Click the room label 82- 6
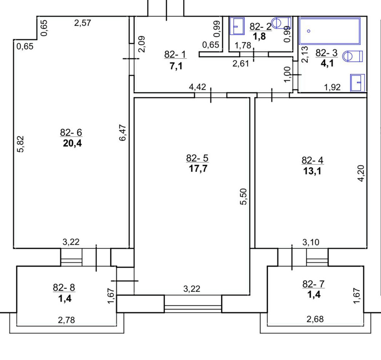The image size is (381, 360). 71,133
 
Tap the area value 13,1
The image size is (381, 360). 312,171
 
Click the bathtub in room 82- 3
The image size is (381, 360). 330,31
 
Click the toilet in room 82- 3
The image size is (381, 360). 352,57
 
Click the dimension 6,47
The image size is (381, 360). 123,133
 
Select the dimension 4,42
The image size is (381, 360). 197,87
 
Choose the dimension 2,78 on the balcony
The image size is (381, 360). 67,320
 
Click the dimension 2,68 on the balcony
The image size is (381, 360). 315,319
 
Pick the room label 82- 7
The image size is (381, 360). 313,284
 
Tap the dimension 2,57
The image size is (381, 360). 82,23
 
